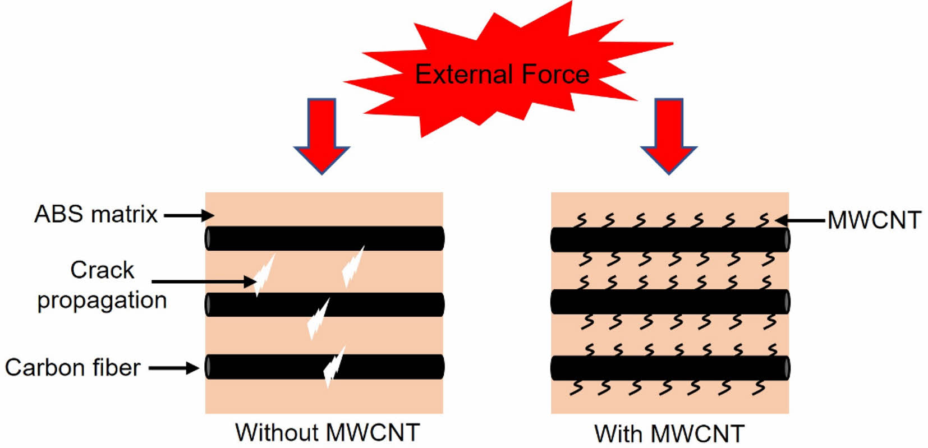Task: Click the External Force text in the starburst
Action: [x=502, y=75]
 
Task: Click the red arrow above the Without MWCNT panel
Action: [x=321, y=135]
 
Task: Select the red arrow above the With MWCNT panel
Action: [x=668, y=135]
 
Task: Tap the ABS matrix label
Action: [x=96, y=214]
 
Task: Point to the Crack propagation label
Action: [x=102, y=285]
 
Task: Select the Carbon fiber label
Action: [x=72, y=368]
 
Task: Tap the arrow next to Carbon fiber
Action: [x=174, y=368]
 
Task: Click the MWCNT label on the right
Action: [x=874, y=220]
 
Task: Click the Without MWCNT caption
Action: [x=327, y=432]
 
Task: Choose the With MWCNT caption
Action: [x=669, y=433]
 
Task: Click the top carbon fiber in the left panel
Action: [x=325, y=238]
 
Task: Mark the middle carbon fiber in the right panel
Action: [x=670, y=302]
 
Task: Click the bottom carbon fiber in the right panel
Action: [x=670, y=368]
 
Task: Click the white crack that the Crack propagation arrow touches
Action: [x=264, y=275]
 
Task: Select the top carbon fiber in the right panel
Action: [x=670, y=239]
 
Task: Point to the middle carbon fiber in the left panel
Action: [x=325, y=304]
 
